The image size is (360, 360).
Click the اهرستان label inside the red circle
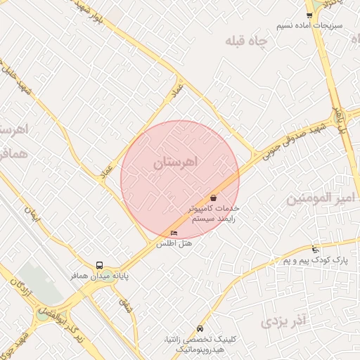coord(176,162)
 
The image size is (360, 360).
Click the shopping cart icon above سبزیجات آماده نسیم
coord(309,15)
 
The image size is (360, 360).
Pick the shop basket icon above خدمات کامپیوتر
coord(213,198)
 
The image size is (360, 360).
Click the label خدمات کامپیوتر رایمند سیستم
coord(214,214)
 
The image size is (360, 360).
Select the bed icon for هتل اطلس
coord(174,233)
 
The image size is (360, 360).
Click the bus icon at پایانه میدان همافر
coord(100,265)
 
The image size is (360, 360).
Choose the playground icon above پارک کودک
coord(315,249)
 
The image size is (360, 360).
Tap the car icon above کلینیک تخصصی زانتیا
coord(200,328)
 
